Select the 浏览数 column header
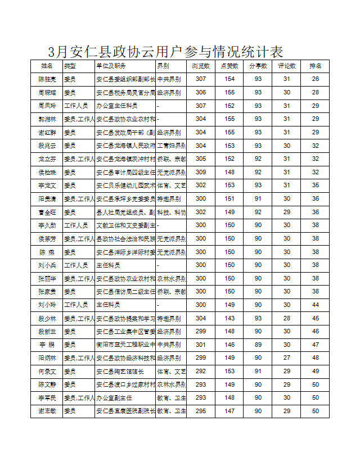click(x=201, y=66)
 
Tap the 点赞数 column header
click(x=229, y=66)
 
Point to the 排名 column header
click(x=316, y=66)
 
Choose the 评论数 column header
click(x=287, y=66)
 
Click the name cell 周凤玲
click(x=47, y=106)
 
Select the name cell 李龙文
click(x=47, y=185)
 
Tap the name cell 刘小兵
click(x=47, y=265)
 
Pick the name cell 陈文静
click(x=47, y=384)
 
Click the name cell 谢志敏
click(x=47, y=411)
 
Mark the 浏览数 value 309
click(x=201, y=172)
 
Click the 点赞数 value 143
click(x=229, y=318)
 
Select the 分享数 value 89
click(x=258, y=345)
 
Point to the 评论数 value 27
click(x=287, y=358)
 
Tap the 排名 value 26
click(x=316, y=79)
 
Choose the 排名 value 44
click(x=316, y=305)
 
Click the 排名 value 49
click(x=316, y=371)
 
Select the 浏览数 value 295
click(x=201, y=411)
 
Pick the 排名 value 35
click(x=316, y=185)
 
